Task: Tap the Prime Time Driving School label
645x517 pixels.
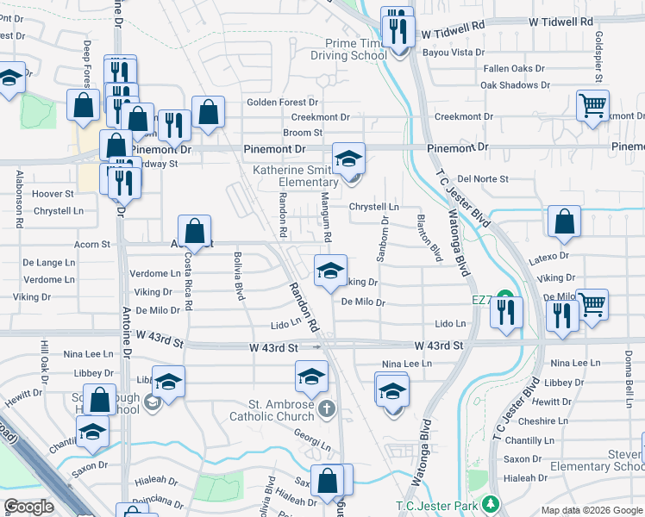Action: (x=355, y=49)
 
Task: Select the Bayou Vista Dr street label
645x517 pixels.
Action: (x=453, y=53)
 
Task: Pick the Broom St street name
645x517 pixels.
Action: (x=303, y=133)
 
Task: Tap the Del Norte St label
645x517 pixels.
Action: (x=483, y=179)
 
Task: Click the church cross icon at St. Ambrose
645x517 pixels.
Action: (x=325, y=407)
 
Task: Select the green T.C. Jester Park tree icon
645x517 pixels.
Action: (x=491, y=502)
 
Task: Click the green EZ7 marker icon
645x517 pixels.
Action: (x=508, y=301)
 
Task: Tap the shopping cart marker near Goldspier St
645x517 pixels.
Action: (x=592, y=106)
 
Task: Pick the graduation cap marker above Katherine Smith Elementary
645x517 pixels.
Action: (x=348, y=159)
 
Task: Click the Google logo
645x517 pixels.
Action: (x=28, y=507)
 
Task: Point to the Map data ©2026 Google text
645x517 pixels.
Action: (x=591, y=510)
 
